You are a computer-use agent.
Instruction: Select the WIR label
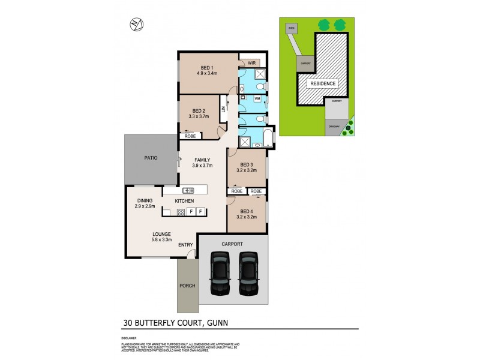click(x=252, y=61)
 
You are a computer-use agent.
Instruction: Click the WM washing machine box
click(x=257, y=98)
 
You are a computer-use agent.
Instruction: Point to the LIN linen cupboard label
click(x=223, y=109)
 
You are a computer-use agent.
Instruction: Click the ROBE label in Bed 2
click(x=190, y=136)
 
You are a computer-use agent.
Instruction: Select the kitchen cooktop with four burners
click(x=181, y=212)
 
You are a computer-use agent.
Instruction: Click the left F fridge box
click(x=191, y=212)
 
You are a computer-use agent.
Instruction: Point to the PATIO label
click(x=151, y=158)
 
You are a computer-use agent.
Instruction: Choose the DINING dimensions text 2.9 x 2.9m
click(x=145, y=206)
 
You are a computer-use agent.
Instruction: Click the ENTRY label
click(x=185, y=244)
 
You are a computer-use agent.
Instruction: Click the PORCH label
click(x=187, y=286)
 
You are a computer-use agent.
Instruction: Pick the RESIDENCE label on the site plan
click(x=323, y=83)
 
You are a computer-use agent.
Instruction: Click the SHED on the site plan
click(x=292, y=28)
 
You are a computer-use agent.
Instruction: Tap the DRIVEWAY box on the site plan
click(x=334, y=127)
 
